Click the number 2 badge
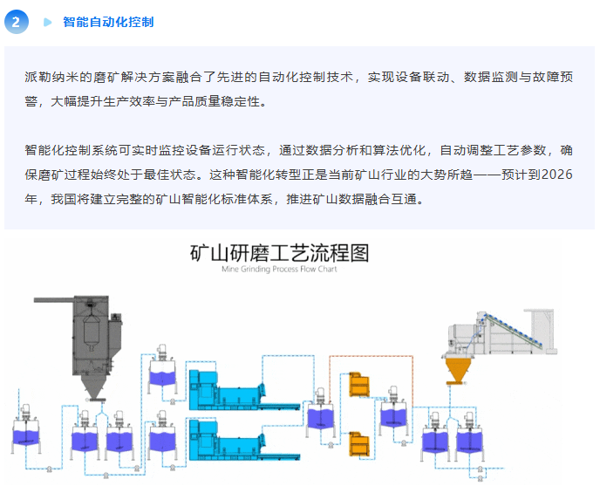click(x=16, y=22)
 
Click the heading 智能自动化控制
click(x=108, y=22)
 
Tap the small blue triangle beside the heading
click(x=47, y=22)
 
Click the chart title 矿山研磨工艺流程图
click(x=280, y=253)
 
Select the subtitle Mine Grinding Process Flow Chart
click(x=280, y=270)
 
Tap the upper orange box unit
click(x=358, y=384)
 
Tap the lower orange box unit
click(x=358, y=443)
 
